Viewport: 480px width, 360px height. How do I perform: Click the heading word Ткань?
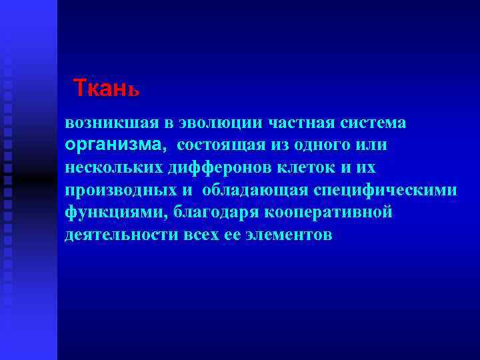click(106, 87)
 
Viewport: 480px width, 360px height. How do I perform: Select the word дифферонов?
click(213, 168)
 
